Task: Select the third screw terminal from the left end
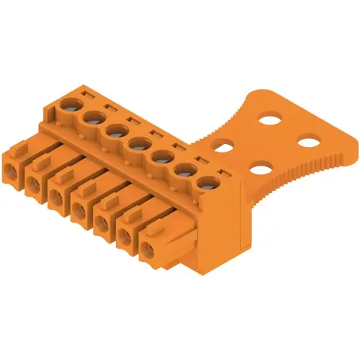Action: (x=116, y=130)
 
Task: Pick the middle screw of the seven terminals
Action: (x=138, y=143)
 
